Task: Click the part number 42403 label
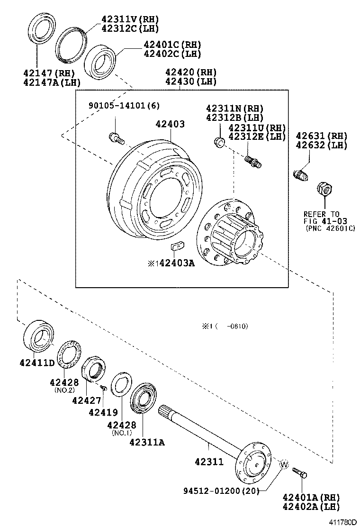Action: (170, 124)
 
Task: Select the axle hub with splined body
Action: (230, 232)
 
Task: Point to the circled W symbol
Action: (283, 465)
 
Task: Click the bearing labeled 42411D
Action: (37, 336)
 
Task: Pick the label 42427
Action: (87, 400)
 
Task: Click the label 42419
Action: (103, 412)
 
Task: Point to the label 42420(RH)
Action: (190, 73)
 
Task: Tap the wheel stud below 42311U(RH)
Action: (252, 161)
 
